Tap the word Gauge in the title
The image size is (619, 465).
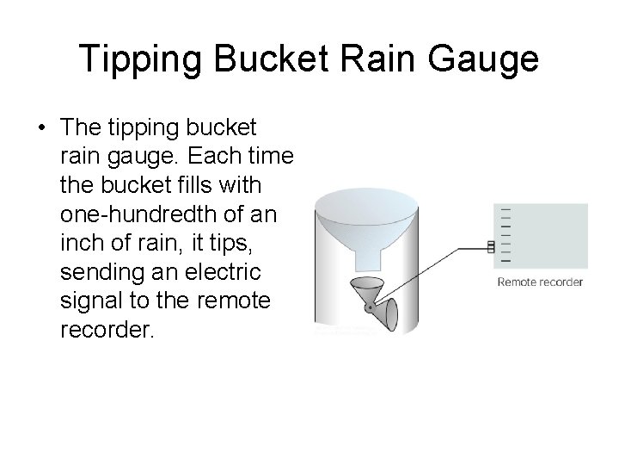click(488, 59)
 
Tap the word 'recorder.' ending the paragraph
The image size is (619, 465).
click(107, 331)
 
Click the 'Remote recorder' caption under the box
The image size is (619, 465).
click(540, 282)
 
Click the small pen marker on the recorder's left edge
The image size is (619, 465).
click(491, 248)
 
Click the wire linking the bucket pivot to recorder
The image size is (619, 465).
click(430, 276)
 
